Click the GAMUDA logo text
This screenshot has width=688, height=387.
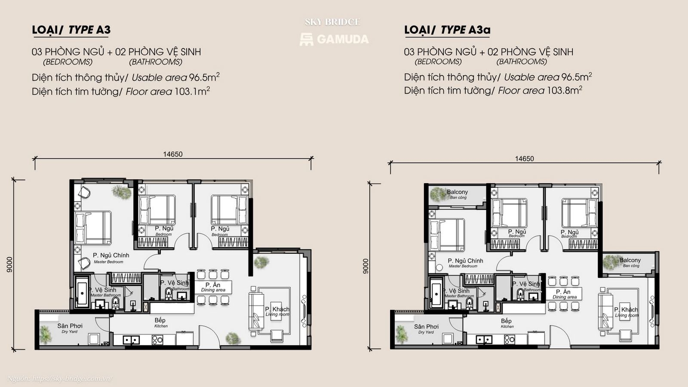click(342, 39)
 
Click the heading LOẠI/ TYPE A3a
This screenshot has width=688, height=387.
click(447, 30)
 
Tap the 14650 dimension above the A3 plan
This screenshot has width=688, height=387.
click(172, 154)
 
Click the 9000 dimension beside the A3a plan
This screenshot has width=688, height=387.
click(365, 266)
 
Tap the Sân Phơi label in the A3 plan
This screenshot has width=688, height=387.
click(70, 326)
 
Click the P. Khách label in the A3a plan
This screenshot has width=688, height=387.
click(626, 310)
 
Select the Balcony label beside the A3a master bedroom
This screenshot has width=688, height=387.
click(457, 192)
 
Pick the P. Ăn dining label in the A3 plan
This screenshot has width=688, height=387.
click(213, 285)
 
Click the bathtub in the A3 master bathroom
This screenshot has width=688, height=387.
click(82, 292)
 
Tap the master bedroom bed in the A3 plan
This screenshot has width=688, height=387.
click(93, 227)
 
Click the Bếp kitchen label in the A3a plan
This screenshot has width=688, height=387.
click(506, 321)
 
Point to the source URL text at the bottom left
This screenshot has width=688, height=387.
click(60, 379)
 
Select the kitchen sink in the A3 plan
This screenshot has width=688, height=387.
click(131, 340)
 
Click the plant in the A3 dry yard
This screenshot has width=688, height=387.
click(45, 334)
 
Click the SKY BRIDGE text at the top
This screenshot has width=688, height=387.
click(332, 22)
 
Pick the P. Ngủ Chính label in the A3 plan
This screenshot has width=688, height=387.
click(111, 255)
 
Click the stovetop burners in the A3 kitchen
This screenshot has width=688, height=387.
click(157, 340)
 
